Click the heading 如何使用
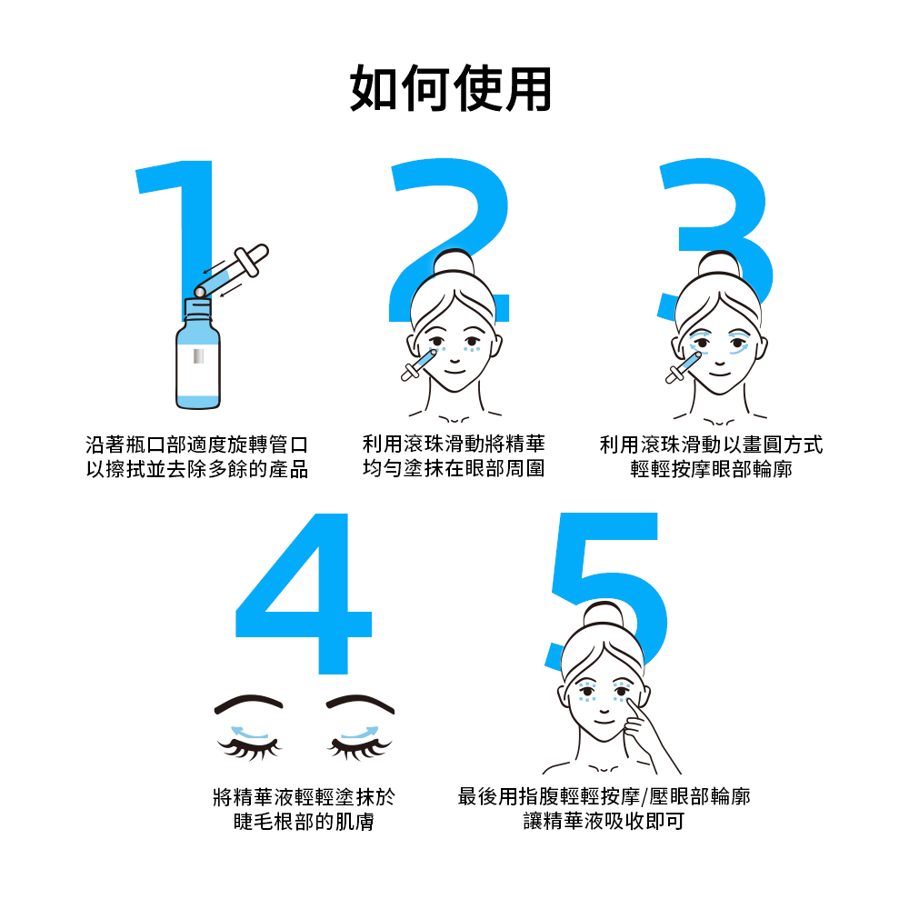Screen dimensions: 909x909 [451, 89]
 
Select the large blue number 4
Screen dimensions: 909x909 [304, 594]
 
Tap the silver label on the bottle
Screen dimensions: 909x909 [198, 356]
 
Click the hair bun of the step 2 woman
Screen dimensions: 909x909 [454, 263]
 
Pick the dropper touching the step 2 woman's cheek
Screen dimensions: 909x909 [419, 365]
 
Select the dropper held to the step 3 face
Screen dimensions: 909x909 [684, 367]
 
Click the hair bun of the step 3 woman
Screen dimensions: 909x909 [719, 265]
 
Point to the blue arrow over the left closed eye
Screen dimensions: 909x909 [250, 733]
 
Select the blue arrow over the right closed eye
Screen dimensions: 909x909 [359, 733]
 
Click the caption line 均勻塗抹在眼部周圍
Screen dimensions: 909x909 [454, 468]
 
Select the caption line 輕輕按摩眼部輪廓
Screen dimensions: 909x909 [712, 469]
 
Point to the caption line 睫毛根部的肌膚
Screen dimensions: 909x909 [304, 822]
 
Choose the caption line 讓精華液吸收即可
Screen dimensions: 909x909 [604, 822]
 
